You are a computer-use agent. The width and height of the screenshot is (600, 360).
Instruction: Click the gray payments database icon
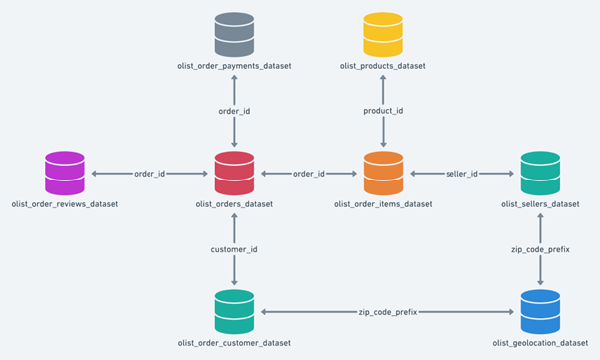[x=235, y=34]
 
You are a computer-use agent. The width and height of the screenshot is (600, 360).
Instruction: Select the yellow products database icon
[x=382, y=34]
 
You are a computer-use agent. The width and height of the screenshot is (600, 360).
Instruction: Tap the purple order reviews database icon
[x=65, y=173]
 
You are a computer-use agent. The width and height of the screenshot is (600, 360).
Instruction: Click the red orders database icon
[x=235, y=173]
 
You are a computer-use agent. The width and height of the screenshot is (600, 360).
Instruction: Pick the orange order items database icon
[x=383, y=173]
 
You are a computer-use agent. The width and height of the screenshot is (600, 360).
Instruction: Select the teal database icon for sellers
[x=540, y=173]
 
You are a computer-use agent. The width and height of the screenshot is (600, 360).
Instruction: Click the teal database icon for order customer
[x=235, y=311]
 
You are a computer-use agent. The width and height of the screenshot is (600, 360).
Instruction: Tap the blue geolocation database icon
[x=540, y=311]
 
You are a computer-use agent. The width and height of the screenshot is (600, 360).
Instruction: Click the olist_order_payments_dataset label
[x=235, y=66]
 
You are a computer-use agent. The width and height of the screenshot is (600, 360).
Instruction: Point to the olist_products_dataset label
[x=383, y=66]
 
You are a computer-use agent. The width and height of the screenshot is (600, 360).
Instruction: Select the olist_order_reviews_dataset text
[x=65, y=204]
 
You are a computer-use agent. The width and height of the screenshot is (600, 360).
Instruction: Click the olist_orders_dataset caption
[x=235, y=204]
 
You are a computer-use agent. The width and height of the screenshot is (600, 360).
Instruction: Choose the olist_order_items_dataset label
[x=384, y=204]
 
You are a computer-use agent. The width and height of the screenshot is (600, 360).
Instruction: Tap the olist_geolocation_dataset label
[x=540, y=343]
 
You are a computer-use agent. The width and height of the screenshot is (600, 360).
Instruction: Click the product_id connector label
[x=383, y=111]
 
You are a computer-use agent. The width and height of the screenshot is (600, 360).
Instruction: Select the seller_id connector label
[x=461, y=174]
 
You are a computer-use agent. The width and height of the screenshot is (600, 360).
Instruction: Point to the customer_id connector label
[x=235, y=249]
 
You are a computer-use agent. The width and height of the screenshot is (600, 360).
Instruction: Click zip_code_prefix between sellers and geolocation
[x=540, y=249]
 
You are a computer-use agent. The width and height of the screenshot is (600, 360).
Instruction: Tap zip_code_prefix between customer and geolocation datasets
[x=388, y=312]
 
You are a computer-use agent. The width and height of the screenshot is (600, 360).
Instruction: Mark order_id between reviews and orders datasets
[x=150, y=174]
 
